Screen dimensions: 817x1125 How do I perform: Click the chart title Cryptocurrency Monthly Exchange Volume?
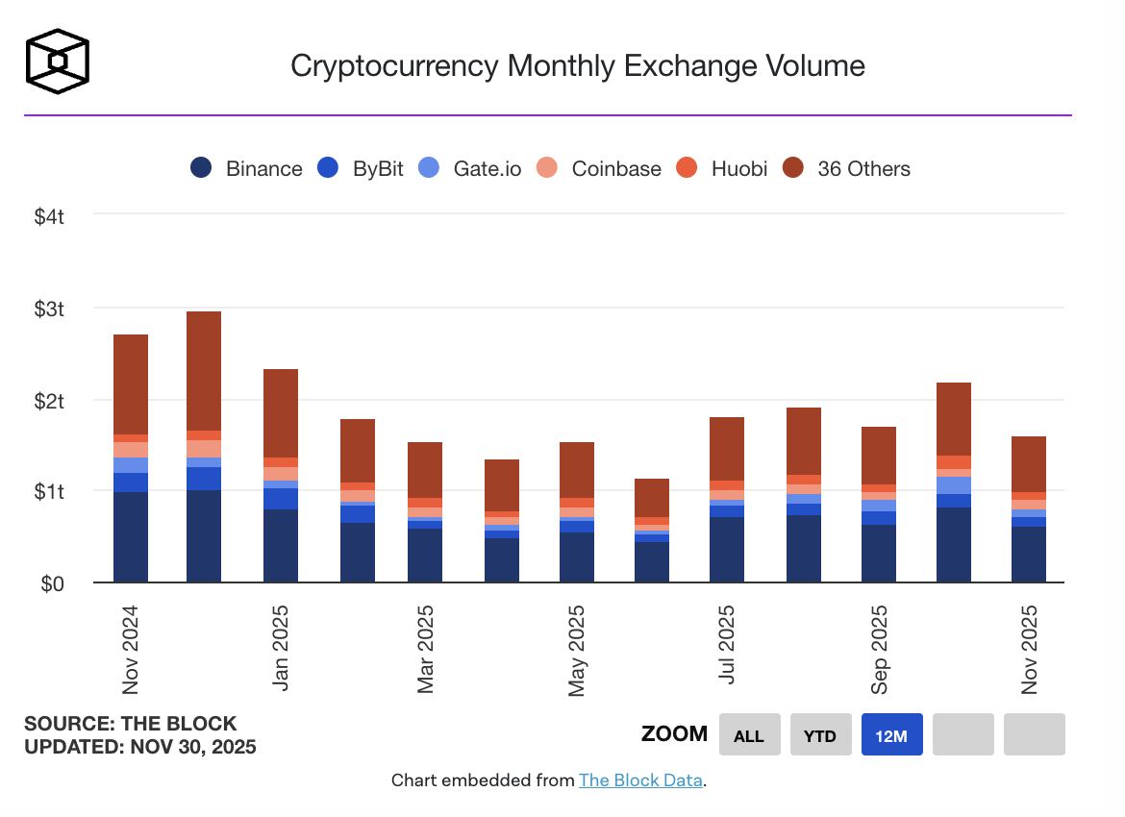[x=578, y=65]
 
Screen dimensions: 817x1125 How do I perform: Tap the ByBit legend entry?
[x=362, y=168]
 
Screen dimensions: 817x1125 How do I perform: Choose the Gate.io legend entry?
[x=471, y=168]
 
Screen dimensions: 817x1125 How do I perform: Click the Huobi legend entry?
[x=724, y=168]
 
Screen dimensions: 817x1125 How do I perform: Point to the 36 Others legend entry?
[x=847, y=168]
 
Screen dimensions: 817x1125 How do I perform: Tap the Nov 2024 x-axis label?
[x=131, y=649]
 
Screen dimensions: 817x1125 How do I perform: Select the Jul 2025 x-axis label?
[x=728, y=644]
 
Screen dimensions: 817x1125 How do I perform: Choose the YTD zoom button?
[x=820, y=735]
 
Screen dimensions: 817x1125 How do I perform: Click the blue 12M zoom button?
[x=891, y=735]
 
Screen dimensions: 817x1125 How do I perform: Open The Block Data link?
[x=641, y=780]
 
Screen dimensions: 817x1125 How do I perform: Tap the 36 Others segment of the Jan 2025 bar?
[x=281, y=412]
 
